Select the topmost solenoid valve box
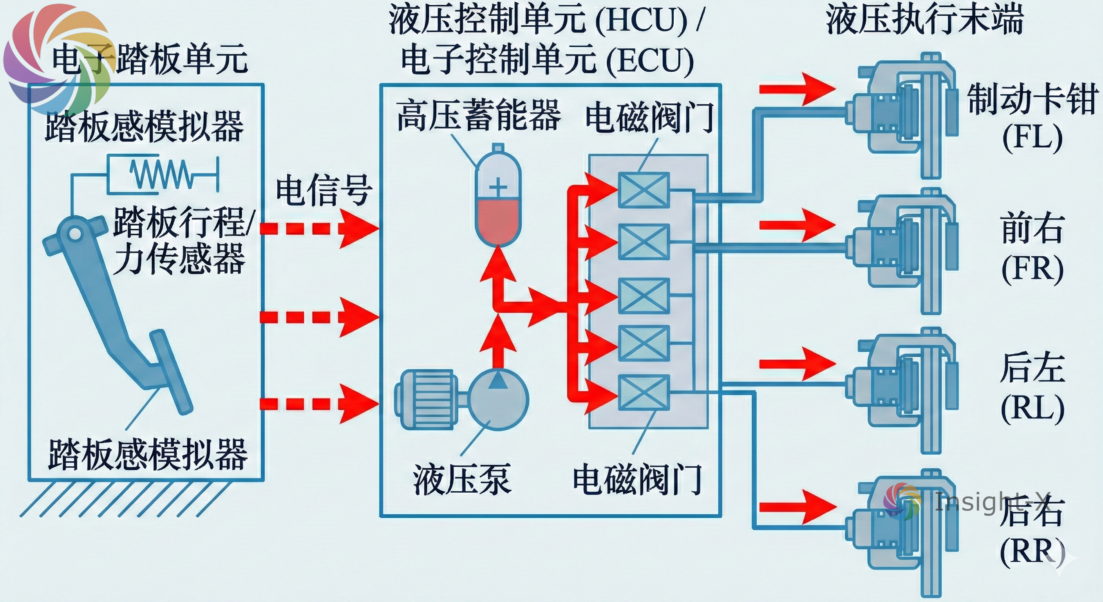coord(644,190)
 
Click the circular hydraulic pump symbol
coord(498,399)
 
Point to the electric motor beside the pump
coord(426,399)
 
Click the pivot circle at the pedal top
coord(75,234)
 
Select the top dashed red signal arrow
coord(319,228)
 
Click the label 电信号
coord(324,190)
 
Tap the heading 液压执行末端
coord(925,19)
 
